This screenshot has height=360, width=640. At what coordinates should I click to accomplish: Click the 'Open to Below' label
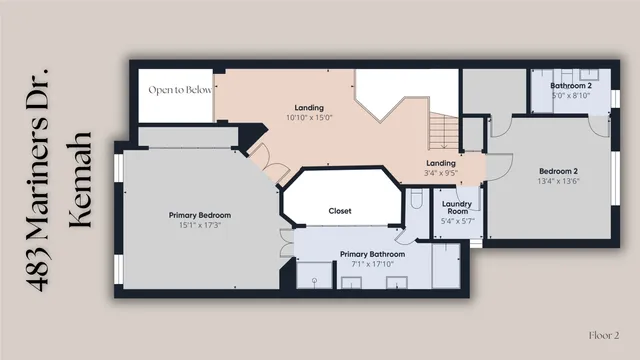180,89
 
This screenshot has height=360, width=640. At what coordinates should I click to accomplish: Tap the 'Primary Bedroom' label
199,216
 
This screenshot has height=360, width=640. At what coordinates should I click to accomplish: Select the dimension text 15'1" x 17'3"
199,226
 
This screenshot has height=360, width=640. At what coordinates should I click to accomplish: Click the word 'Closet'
340,211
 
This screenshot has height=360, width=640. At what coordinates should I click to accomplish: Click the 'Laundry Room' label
456,207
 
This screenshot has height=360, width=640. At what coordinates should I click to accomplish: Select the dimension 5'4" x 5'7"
456,221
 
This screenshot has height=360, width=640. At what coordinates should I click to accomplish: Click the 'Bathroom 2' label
571,85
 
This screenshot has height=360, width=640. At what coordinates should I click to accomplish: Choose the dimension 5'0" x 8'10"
571,95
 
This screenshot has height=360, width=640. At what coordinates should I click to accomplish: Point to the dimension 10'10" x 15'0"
309,117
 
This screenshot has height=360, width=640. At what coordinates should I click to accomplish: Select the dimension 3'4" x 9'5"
441,173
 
